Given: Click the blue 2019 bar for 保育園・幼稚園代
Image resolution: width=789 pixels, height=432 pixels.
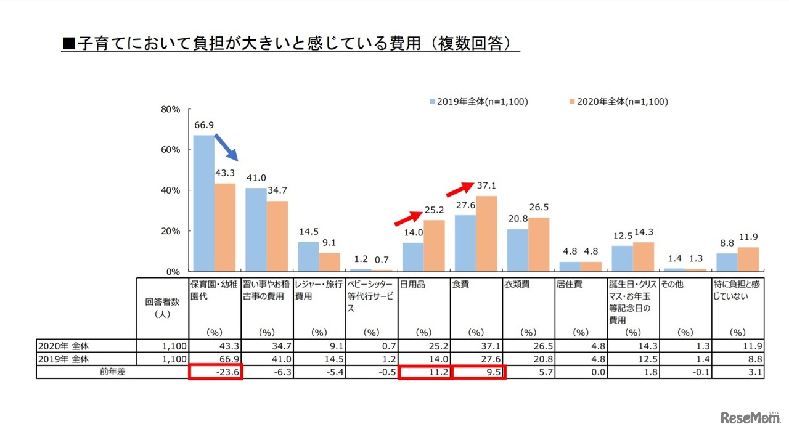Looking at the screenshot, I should coord(203,203).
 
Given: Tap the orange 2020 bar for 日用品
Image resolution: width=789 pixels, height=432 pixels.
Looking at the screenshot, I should coord(433,245).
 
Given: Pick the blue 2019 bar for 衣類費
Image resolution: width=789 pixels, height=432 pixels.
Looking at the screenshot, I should coord(517,250).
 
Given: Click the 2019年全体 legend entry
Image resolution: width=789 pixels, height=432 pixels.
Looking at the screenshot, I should coord(478,102).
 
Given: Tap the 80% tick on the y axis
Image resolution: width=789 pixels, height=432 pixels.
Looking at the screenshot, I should coord(170,109).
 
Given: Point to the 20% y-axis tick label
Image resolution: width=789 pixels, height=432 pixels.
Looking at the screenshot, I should coord(170,231).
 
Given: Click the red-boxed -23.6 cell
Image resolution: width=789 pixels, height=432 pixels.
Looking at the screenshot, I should coord(216,372).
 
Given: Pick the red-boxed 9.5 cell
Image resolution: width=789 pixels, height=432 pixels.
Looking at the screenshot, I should coord(479,372).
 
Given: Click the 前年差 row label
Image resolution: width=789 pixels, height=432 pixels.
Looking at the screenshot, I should coord(112,372).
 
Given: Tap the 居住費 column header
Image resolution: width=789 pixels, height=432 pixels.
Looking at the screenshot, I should coord(570,285).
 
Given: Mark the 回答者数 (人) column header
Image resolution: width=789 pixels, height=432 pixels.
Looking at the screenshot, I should coord(161,308).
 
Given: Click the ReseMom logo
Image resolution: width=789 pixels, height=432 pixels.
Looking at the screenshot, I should coord(750,418).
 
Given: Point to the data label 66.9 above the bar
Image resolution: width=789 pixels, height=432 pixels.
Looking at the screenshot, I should coord(203,125).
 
